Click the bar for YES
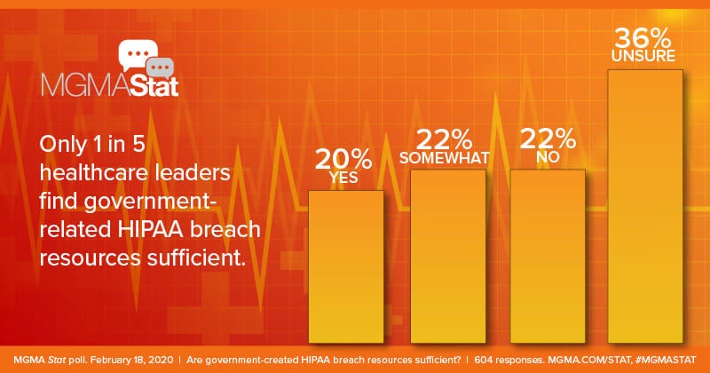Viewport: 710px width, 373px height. pyautogui.click(x=346, y=266)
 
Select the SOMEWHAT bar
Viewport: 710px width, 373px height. pyautogui.click(x=448, y=256)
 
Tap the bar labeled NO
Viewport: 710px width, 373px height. pyautogui.click(x=548, y=256)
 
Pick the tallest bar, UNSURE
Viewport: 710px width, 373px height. pyautogui.click(x=645, y=206)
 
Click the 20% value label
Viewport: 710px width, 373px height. pyautogui.click(x=343, y=159)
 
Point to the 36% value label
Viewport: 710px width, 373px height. pyautogui.click(x=643, y=38)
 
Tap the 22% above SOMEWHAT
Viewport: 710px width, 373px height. pyautogui.click(x=445, y=139)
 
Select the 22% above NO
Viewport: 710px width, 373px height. pyautogui.click(x=548, y=139)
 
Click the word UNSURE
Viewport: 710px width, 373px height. pyautogui.click(x=643, y=56)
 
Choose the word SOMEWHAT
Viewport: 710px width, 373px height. pyautogui.click(x=445, y=158)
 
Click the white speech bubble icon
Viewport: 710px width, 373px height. pyautogui.click(x=138, y=55)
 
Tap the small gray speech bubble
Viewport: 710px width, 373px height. pyautogui.click(x=161, y=68)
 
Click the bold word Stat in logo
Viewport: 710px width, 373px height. pyautogui.click(x=154, y=86)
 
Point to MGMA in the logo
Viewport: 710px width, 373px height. pyautogui.click(x=85, y=86)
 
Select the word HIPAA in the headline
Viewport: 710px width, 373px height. pyautogui.click(x=150, y=229)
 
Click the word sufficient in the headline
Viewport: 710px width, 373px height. pyautogui.click(x=196, y=258)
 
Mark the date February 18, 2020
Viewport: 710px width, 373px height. pyautogui.click(x=131, y=361)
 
